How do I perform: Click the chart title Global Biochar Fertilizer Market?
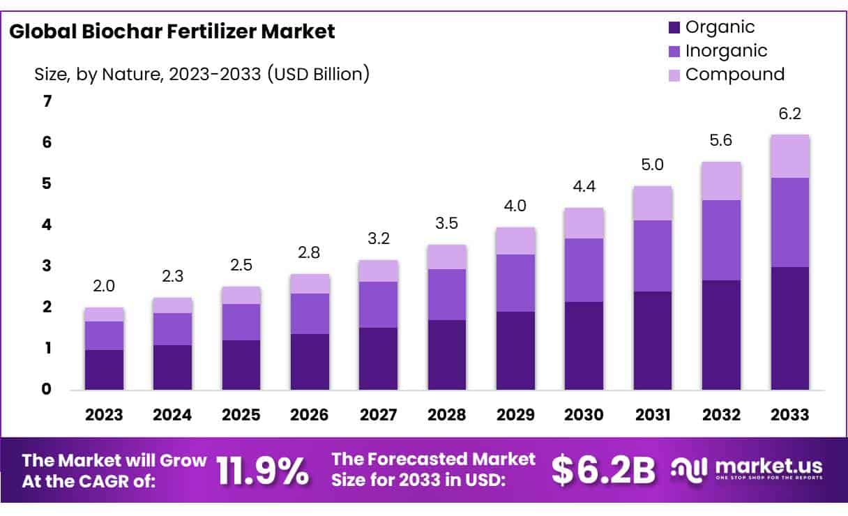[172, 31]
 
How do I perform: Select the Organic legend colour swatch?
[674, 28]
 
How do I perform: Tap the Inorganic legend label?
[726, 51]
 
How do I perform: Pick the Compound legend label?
[734, 75]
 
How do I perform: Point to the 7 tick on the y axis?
[47, 102]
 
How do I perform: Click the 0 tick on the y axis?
[47, 389]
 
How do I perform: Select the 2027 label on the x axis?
[378, 415]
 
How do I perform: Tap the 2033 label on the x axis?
[789, 415]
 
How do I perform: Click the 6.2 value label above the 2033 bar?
[789, 114]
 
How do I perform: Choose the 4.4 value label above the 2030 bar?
[584, 187]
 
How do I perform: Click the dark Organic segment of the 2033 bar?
[789, 328]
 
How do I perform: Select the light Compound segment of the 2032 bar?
[721, 181]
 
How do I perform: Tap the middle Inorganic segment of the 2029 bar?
[515, 283]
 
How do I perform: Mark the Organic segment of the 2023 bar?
[104, 370]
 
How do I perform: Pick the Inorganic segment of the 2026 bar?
[310, 314]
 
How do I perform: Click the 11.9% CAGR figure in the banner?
[263, 471]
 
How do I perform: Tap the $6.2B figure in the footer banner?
[603, 471]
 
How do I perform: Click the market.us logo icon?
[689, 469]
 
